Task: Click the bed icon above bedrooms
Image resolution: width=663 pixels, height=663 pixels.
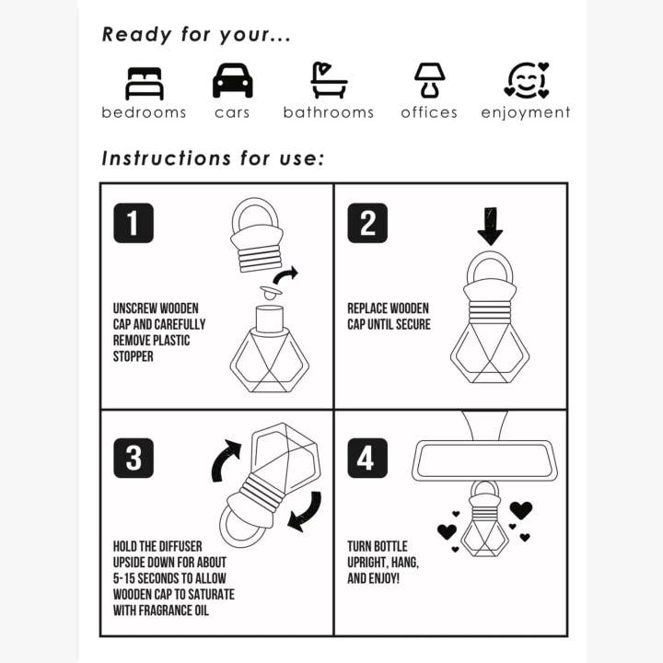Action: [x=144, y=82]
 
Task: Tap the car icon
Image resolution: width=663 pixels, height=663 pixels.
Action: [x=232, y=81]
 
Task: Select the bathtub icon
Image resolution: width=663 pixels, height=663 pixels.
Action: [x=329, y=81]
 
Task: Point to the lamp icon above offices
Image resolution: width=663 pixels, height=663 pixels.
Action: [x=428, y=81]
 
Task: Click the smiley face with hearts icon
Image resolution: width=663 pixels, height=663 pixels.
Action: [x=527, y=81]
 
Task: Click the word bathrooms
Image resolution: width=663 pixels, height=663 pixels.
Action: [x=329, y=112]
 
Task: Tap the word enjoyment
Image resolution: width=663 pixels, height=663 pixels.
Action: [x=526, y=112]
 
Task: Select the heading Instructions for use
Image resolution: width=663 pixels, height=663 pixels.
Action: [x=213, y=157]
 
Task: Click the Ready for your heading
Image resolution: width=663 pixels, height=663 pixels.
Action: [x=196, y=35]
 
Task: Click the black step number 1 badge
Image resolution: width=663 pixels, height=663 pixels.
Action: [x=134, y=223]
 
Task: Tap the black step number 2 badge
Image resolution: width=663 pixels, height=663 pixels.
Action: [x=367, y=223]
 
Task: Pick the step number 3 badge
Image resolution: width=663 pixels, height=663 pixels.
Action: [x=134, y=458]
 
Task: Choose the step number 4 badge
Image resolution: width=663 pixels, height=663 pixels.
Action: [x=367, y=458]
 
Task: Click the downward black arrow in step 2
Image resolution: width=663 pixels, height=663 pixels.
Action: [x=490, y=225]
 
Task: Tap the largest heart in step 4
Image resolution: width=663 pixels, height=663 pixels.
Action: [x=521, y=509]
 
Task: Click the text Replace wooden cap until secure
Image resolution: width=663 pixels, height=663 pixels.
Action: [x=389, y=317]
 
